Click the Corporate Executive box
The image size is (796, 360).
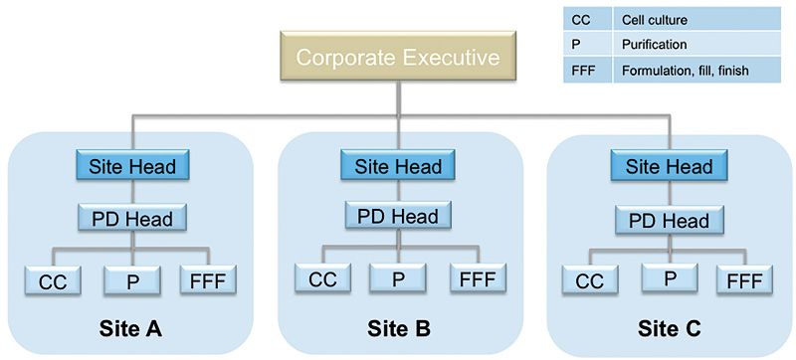399,58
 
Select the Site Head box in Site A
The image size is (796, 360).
133,166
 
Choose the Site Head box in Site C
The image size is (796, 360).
668,166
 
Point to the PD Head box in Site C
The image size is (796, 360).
668,218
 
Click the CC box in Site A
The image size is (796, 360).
52,281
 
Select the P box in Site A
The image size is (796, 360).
133,281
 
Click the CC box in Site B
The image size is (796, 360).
322,279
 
